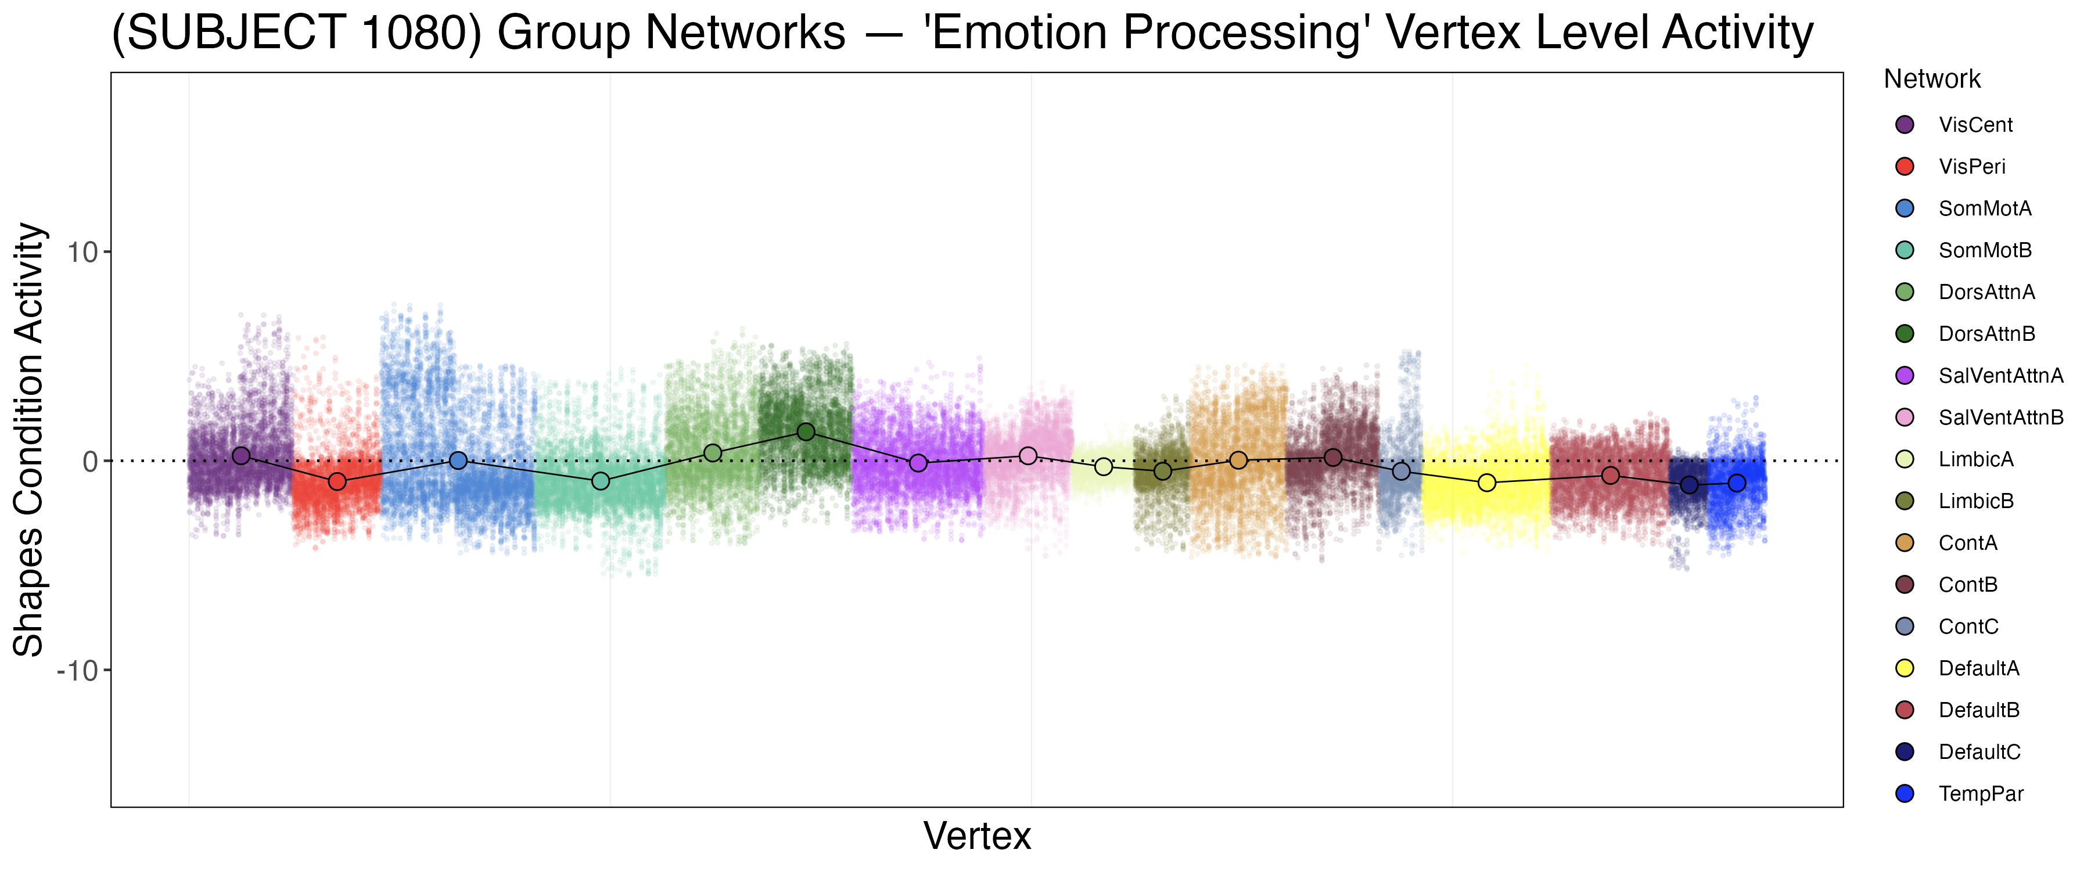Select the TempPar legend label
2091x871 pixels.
tap(1981, 794)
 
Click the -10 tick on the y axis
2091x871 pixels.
tap(78, 671)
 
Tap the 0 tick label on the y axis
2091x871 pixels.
tap(90, 462)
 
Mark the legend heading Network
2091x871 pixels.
tap(1932, 79)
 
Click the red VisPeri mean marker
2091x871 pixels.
tap(337, 482)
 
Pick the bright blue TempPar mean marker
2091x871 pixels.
tap(1736, 483)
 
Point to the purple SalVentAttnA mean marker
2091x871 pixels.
tap(918, 463)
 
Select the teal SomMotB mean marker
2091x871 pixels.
tap(600, 481)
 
